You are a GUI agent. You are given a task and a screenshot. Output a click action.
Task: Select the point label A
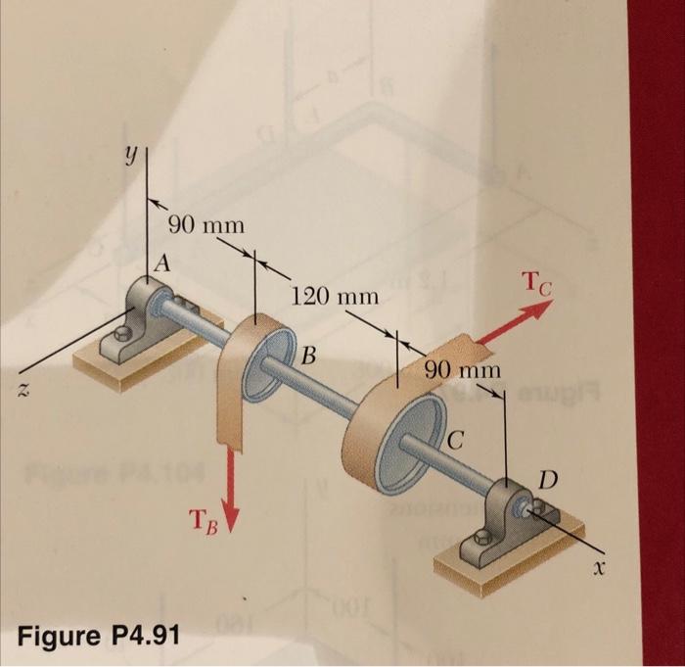coord(161,263)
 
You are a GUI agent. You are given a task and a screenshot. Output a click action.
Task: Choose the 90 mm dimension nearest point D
coord(463,370)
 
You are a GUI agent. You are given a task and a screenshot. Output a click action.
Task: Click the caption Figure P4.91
coord(100,635)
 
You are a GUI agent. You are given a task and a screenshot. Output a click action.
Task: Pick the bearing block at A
coord(147,310)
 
